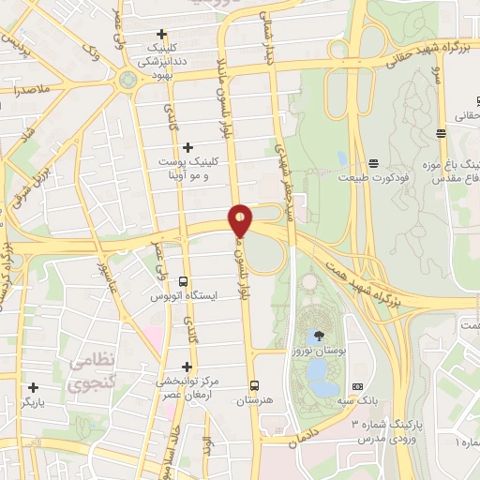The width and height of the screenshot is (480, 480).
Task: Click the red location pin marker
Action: tap(241, 220)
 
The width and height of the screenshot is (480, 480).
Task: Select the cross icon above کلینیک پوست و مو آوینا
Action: tap(187, 147)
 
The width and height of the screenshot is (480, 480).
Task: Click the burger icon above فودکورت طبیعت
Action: tap(373, 164)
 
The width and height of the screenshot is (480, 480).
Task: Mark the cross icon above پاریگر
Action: tap(33, 387)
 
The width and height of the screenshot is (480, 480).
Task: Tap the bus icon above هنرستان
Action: tap(254, 385)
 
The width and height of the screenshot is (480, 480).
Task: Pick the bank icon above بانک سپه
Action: tap(356, 386)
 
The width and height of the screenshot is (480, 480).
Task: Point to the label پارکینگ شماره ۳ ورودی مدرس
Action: tap(386, 430)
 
